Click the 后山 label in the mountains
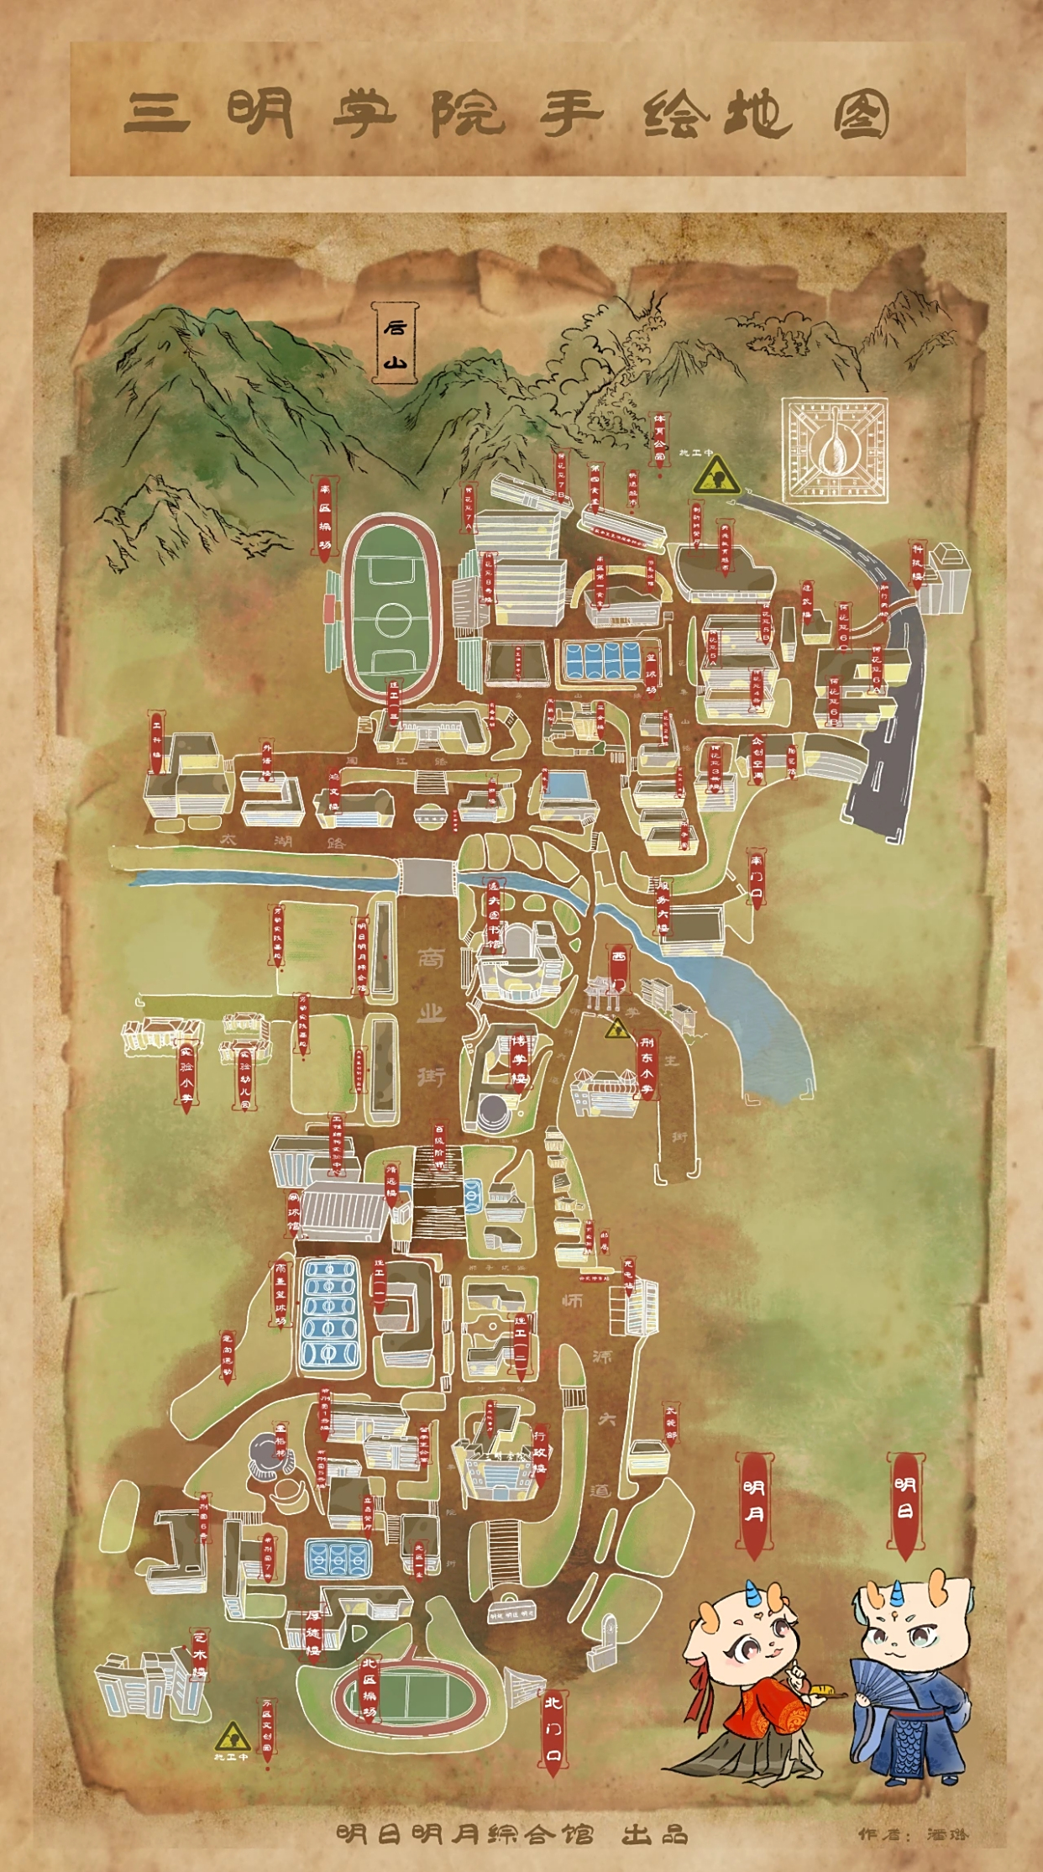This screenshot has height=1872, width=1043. coord(395,343)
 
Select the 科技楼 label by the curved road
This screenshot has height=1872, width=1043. coord(918,564)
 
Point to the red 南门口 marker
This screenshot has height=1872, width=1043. coord(756,878)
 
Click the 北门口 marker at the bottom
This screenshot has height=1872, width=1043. coord(552,1732)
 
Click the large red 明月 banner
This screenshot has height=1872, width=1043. coord(753,1503)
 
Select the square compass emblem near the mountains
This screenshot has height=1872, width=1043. coord(835,450)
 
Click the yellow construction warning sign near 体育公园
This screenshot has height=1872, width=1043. coord(715,476)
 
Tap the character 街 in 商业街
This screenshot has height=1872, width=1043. coord(431,1076)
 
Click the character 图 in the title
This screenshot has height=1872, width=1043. coord(861,115)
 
